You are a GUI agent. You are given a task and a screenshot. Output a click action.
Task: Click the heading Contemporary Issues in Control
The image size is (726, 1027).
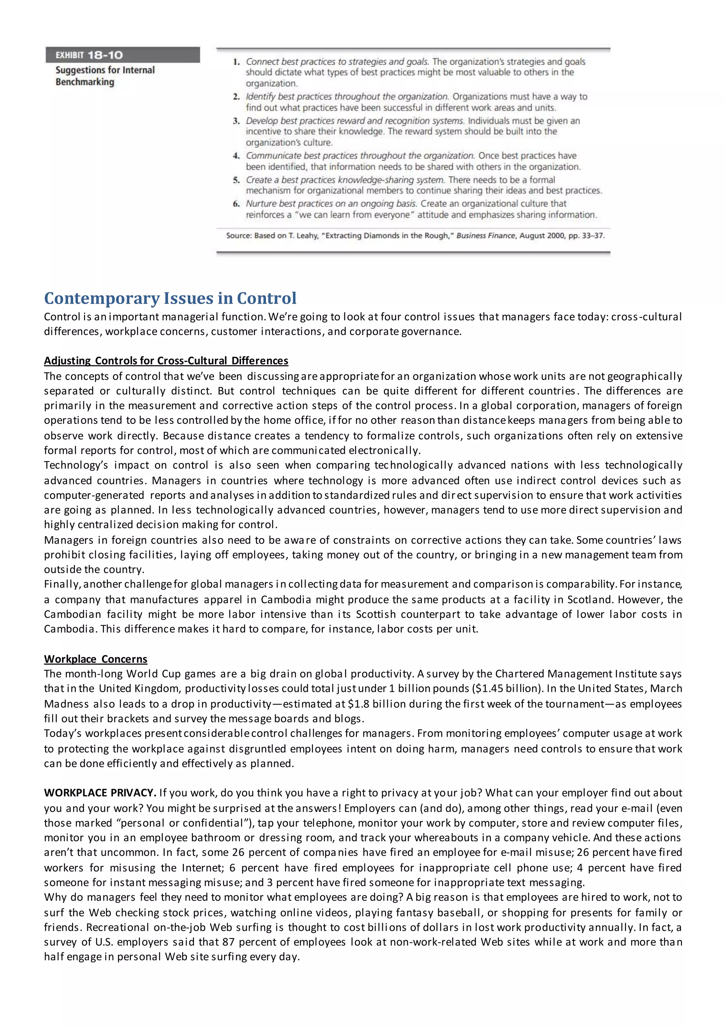[170, 298]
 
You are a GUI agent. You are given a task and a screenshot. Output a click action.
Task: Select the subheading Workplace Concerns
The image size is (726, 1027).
[95, 659]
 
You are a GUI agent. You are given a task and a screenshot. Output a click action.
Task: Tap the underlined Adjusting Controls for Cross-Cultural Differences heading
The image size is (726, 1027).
[166, 361]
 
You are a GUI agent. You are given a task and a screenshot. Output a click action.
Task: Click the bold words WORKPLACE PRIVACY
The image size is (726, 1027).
[100, 793]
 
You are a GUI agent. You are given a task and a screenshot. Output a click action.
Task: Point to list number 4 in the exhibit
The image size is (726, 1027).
[236, 156]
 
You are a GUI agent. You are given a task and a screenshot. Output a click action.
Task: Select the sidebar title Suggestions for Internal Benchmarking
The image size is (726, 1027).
[105, 76]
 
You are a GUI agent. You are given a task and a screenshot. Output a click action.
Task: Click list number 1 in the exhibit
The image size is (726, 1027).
[236, 62]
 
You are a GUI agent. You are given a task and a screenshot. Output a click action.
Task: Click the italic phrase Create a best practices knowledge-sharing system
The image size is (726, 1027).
[345, 180]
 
